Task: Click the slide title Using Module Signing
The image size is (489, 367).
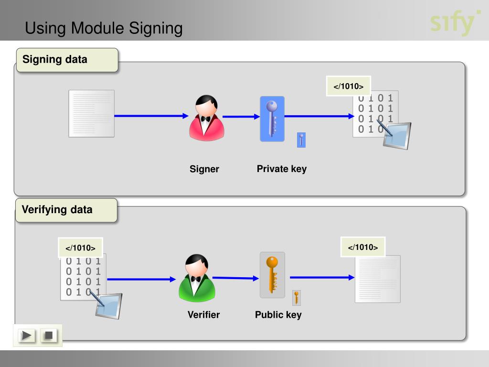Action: [x=104, y=28]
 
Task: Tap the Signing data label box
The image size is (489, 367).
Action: [x=67, y=60]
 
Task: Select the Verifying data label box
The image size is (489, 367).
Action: [x=66, y=210]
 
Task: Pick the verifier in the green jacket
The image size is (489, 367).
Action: [x=197, y=278]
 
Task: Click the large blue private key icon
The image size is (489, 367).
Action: [x=272, y=119]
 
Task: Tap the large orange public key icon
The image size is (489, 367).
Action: [x=272, y=275]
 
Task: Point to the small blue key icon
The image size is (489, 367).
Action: [x=301, y=140]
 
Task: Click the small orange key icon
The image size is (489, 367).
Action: [x=296, y=298]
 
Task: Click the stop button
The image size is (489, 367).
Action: [x=49, y=335]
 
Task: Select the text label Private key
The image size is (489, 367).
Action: [x=282, y=169]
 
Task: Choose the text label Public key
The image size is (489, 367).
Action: [x=278, y=315]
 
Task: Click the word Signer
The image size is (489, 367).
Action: [x=204, y=169]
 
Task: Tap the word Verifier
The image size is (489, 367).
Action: [x=203, y=314]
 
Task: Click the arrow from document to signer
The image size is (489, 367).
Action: [x=151, y=116]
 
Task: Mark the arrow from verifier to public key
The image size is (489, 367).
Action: [x=236, y=278]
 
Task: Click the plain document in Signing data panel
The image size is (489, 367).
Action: [x=91, y=114]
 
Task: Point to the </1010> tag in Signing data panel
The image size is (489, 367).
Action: [x=348, y=86]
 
